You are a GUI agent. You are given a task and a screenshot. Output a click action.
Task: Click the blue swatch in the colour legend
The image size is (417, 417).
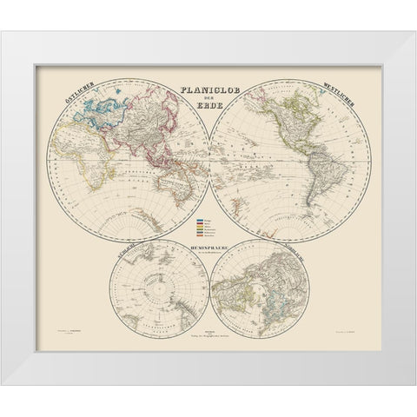point(201,222)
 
